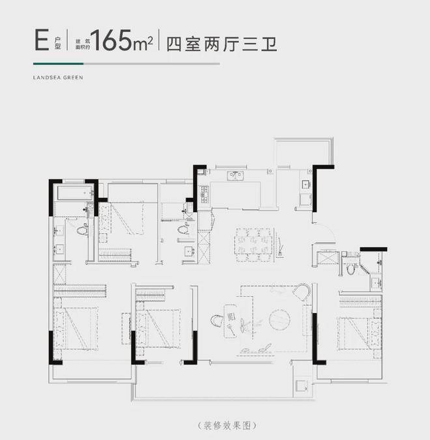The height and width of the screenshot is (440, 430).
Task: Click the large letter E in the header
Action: [x=42, y=40]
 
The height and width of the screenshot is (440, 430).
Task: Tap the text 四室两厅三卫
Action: [x=222, y=44]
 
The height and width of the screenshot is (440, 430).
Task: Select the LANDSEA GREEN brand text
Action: [x=58, y=77]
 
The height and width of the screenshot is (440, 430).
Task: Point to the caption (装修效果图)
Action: [x=227, y=426]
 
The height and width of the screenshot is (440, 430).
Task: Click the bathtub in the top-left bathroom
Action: [x=75, y=193]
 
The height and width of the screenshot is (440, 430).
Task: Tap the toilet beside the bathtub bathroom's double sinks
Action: [x=82, y=230]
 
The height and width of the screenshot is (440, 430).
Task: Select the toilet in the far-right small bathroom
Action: [x=351, y=268]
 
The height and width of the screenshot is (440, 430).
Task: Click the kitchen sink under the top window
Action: [x=235, y=176]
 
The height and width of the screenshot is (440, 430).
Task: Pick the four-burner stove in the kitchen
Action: [x=204, y=194]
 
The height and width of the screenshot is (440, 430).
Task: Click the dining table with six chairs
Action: [x=254, y=245]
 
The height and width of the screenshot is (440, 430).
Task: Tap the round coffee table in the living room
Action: [x=279, y=319]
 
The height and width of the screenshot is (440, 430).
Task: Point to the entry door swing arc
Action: [x=330, y=230]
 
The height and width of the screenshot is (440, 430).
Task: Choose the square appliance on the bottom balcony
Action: [x=302, y=386]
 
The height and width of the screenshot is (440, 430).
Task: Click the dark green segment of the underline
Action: [x=59, y=64]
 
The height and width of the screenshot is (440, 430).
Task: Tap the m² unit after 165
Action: [x=143, y=44]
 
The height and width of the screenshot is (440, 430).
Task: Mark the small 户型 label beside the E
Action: [x=58, y=43]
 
